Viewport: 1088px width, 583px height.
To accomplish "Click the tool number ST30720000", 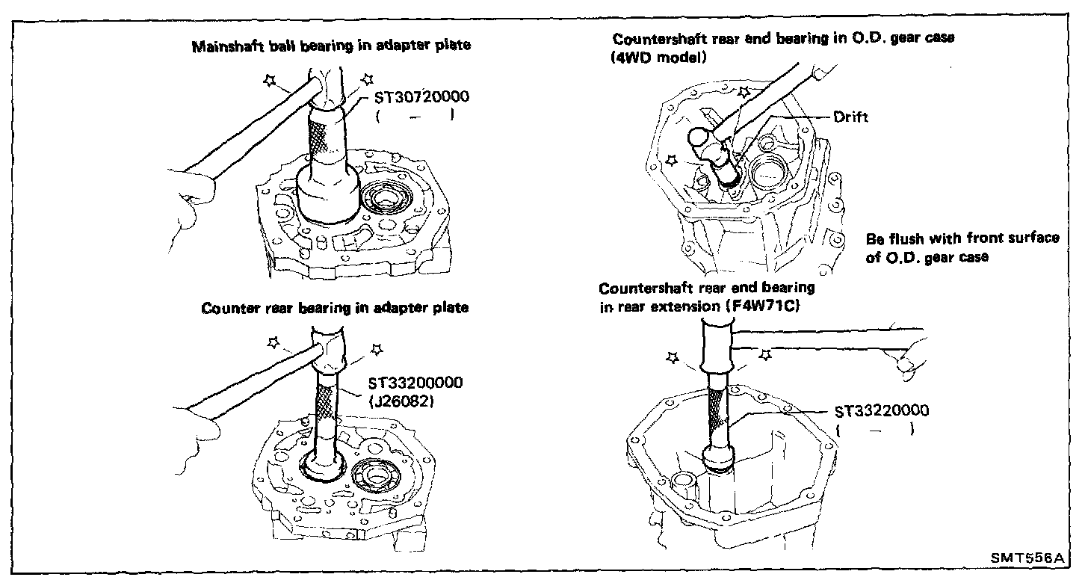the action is (x=421, y=96).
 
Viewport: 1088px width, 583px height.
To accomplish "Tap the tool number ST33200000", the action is (x=415, y=383).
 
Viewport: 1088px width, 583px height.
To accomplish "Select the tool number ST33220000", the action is (x=882, y=411).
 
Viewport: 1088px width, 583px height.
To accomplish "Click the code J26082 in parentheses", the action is (x=401, y=402).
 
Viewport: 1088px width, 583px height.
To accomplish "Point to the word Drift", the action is (x=850, y=117).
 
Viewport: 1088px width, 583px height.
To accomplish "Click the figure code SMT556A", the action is (x=1027, y=558).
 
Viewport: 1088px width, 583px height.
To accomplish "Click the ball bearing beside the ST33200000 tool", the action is (x=375, y=474).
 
